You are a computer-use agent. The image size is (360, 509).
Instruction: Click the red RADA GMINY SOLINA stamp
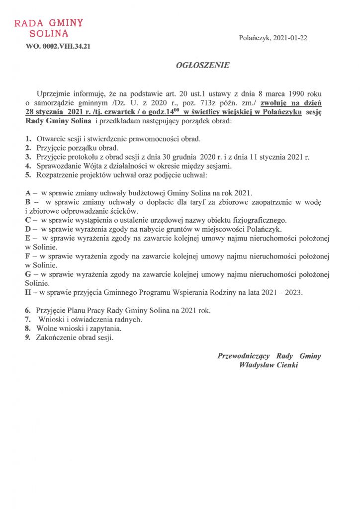click(x=49, y=28)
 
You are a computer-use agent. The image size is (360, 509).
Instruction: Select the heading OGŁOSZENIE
click(x=196, y=65)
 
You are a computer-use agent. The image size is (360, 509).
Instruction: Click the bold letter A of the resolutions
click(x=27, y=193)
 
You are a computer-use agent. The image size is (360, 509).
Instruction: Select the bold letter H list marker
click(x=28, y=292)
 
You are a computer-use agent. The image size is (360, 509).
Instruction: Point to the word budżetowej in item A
click(x=148, y=193)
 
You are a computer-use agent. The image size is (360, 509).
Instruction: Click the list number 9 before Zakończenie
click(x=27, y=338)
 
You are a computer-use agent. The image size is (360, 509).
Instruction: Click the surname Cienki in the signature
click(x=286, y=365)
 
